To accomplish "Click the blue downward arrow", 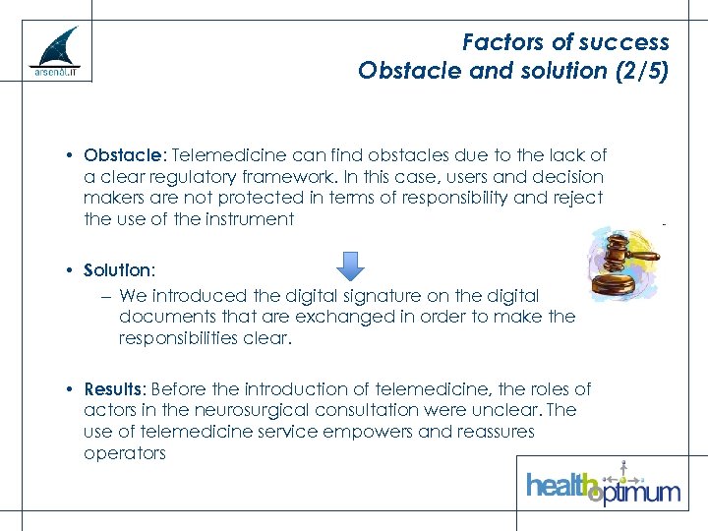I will (350, 265).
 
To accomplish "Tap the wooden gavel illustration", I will (623, 261).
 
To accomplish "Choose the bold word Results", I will (114, 389).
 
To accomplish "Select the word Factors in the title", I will (501, 42).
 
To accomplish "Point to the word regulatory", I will (188, 177).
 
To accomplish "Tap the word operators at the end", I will (125, 453).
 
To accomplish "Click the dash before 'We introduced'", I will (105, 296).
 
